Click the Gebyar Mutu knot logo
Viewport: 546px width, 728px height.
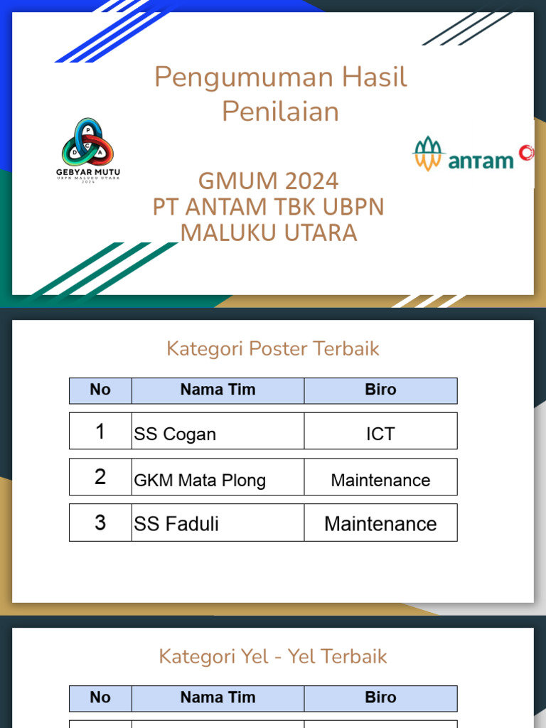(x=88, y=141)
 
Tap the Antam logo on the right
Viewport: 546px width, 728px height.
(x=472, y=154)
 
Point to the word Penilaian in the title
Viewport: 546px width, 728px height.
(x=280, y=112)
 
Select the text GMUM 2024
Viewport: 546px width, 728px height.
(x=268, y=181)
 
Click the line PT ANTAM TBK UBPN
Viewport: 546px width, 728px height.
(x=268, y=207)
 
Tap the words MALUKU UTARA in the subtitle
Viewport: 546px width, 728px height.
(x=268, y=232)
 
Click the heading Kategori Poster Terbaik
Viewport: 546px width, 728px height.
(x=272, y=348)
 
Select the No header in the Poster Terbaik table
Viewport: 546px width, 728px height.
(x=100, y=390)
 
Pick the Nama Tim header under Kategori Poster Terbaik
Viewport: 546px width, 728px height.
(x=218, y=390)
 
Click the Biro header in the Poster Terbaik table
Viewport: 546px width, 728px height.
(x=380, y=390)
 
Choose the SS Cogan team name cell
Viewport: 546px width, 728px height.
(x=175, y=434)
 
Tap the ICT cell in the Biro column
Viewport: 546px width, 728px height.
(x=380, y=434)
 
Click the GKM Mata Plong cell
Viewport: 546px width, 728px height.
(x=200, y=481)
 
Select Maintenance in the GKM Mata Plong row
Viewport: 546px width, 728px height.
(x=380, y=481)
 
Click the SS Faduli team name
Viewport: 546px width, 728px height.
(x=176, y=524)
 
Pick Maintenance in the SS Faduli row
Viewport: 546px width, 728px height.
(x=380, y=524)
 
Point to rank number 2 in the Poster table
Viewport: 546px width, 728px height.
(x=100, y=477)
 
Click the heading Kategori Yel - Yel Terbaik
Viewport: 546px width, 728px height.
(x=272, y=656)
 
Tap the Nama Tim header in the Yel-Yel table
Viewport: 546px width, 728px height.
(x=218, y=697)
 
